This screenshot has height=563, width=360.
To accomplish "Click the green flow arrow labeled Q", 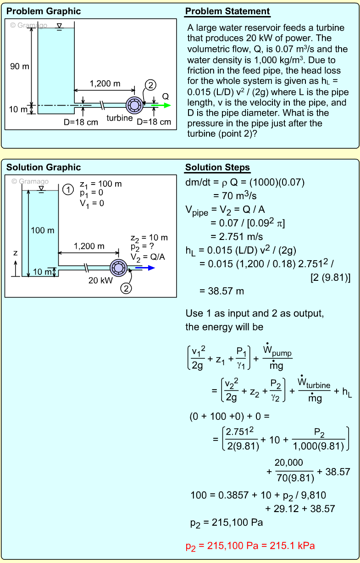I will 161,106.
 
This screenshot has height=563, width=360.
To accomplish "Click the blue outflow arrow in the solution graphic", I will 145,268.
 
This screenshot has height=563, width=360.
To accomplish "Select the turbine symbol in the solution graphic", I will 118,268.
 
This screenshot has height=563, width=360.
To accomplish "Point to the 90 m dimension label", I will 19,67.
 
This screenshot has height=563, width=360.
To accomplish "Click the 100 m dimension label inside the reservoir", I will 43,230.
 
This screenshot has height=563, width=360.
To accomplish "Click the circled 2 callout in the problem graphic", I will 150,85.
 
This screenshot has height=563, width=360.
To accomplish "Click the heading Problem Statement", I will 227,11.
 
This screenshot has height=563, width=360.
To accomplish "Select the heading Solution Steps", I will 217,167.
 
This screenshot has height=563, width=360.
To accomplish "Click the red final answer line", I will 250,546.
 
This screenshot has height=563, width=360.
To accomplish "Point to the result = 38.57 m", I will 222,291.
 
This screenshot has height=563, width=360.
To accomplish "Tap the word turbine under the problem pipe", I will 119,118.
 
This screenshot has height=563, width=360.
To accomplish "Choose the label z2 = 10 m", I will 149,238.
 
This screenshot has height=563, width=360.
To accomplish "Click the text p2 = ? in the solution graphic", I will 142,247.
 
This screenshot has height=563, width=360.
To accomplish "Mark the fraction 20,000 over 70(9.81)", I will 294,470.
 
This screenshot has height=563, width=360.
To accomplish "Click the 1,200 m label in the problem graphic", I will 105,84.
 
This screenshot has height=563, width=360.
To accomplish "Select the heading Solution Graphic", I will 44,167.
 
